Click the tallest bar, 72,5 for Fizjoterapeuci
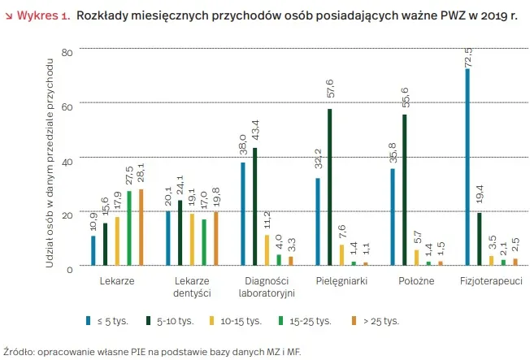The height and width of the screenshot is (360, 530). (x=467, y=167)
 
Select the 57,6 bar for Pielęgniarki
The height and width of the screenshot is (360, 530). (x=330, y=187)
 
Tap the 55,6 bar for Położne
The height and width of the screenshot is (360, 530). (x=405, y=190)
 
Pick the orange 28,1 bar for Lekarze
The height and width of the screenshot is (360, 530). (x=141, y=228)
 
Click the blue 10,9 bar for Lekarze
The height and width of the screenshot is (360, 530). (x=93, y=250)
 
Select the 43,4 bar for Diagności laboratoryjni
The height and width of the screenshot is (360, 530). (x=254, y=206)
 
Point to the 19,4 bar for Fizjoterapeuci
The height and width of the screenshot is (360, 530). (x=479, y=240)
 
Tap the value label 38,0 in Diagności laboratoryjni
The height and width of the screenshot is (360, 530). (x=241, y=147)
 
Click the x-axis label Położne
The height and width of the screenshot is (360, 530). (x=416, y=280)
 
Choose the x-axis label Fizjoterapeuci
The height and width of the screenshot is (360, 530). (x=491, y=280)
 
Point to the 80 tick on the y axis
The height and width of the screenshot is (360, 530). (x=67, y=52)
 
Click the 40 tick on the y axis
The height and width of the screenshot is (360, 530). (x=67, y=160)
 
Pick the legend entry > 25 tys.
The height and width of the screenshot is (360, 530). (x=380, y=321)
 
